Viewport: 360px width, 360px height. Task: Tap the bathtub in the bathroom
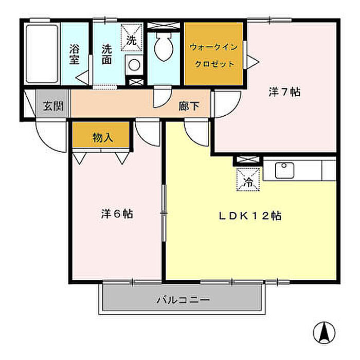[42, 53]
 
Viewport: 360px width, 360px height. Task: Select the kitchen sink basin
[284, 170]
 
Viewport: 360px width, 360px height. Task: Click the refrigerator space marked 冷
[248, 179]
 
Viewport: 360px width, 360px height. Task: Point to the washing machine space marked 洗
[132, 38]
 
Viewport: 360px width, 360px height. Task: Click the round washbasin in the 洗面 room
[134, 65]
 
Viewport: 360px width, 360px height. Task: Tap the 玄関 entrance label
[53, 106]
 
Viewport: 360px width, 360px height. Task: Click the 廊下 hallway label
[189, 106]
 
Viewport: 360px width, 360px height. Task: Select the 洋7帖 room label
[284, 92]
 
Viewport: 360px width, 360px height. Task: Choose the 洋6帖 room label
[117, 214]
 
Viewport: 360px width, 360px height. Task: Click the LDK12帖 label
[250, 216]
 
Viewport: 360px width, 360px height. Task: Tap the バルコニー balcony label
[183, 300]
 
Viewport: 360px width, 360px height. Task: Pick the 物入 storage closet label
[102, 138]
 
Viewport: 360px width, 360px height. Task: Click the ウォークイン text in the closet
[214, 47]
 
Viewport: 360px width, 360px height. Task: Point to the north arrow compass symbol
[324, 332]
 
